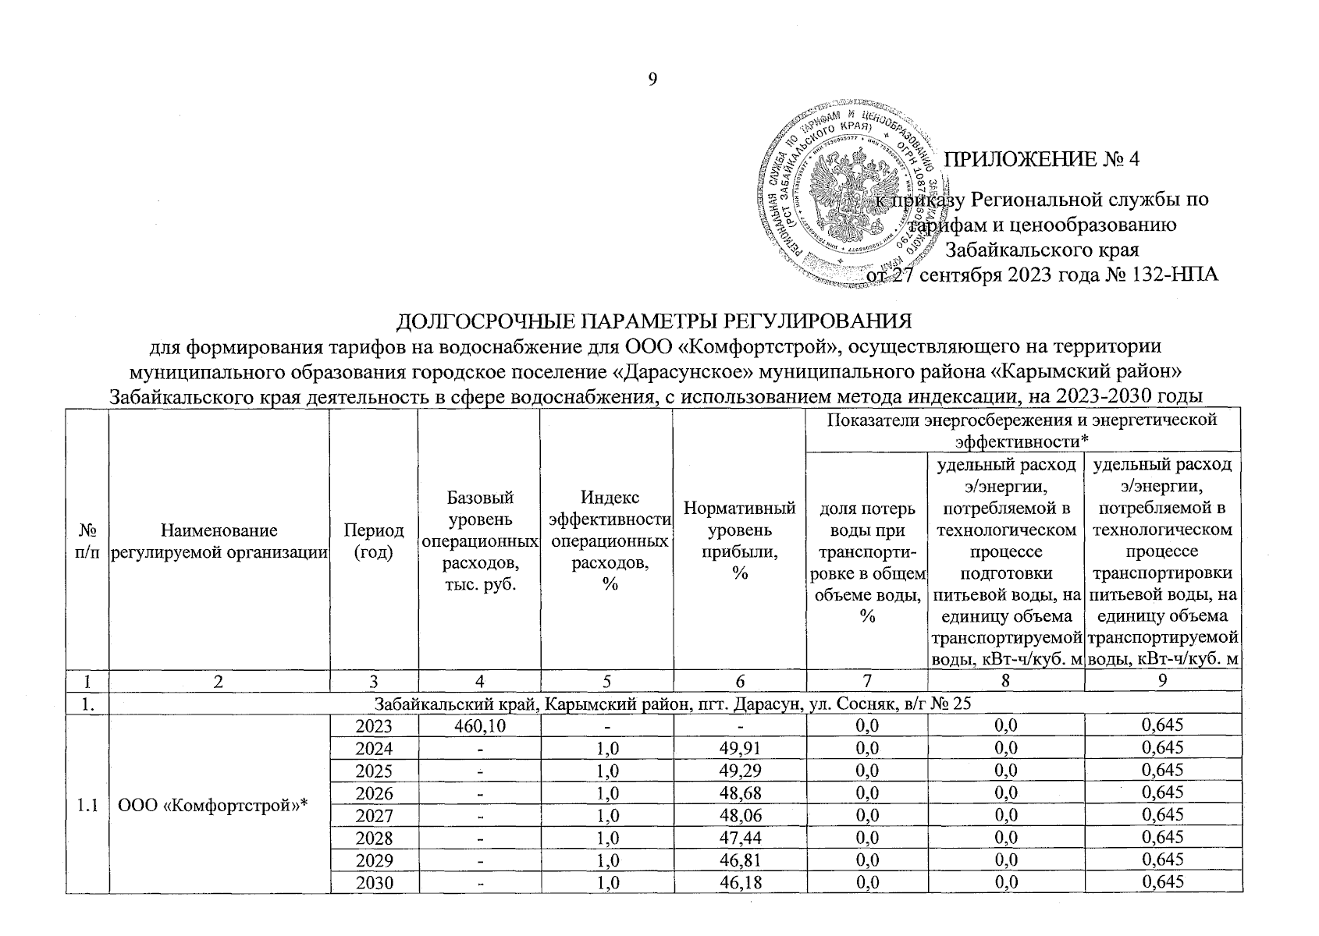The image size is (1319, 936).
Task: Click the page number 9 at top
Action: pos(653,80)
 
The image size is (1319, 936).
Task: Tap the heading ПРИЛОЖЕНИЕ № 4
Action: pos(1043,159)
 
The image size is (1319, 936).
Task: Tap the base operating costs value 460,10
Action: pos(479,725)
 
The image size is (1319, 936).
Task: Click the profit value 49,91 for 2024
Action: pos(739,748)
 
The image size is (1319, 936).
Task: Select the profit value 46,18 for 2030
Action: pos(739,883)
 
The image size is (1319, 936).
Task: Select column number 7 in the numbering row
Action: pos(866,681)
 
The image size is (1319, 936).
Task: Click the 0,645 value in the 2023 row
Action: pos(1161,725)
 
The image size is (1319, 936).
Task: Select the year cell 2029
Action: pos(374,860)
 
